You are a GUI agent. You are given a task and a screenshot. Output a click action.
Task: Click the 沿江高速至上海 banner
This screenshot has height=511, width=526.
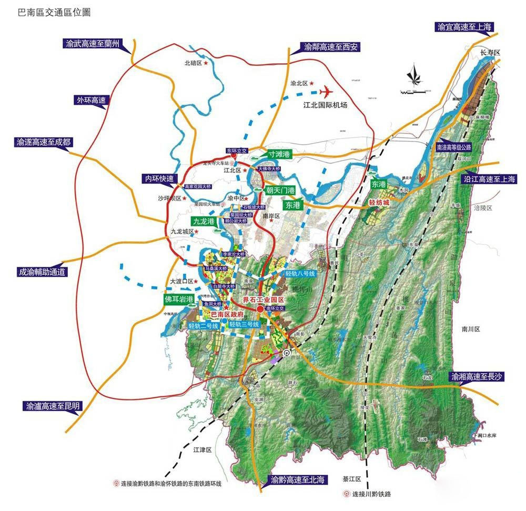click(x=490, y=179)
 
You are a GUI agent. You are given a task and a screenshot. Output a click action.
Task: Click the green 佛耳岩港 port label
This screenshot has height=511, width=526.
click(x=178, y=298)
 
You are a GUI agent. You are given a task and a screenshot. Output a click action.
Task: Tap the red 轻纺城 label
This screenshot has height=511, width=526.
click(x=378, y=202)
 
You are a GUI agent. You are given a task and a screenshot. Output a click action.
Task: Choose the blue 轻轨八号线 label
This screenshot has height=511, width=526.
click(x=299, y=274)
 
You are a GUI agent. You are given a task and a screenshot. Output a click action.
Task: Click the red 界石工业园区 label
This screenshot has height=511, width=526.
click(x=262, y=299)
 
